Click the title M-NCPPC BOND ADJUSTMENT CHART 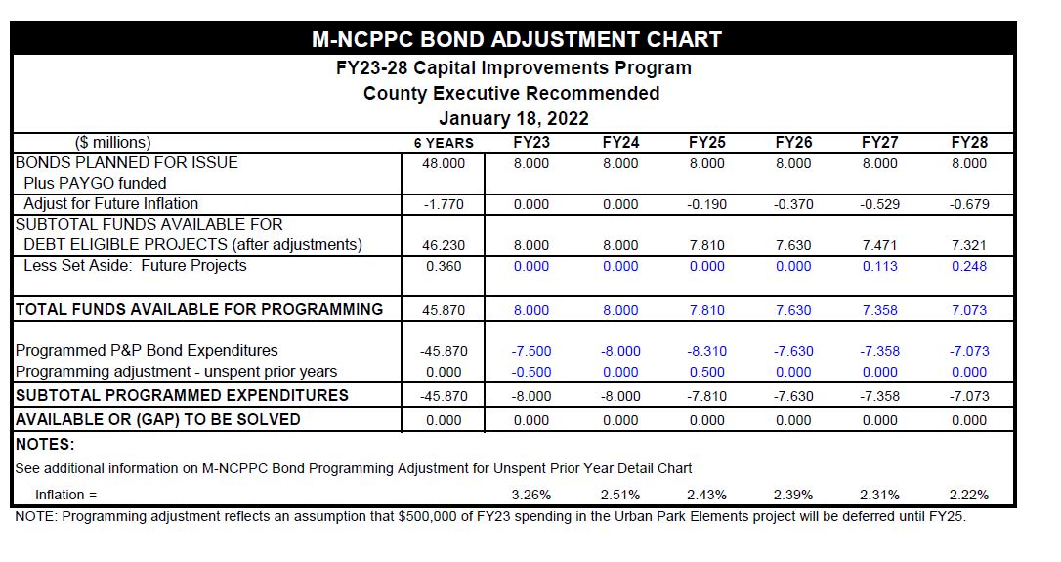(x=516, y=40)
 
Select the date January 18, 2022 (x=513, y=119)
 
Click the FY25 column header (x=706, y=143)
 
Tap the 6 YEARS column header (x=444, y=144)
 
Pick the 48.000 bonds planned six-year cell (x=444, y=164)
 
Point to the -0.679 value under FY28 (x=968, y=205)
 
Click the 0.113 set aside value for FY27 (x=879, y=266)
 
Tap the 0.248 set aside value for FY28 (x=969, y=266)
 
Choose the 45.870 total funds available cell (x=444, y=310)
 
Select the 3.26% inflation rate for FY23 (x=531, y=495)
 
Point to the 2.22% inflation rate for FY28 (x=969, y=495)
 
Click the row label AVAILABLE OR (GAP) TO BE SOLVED (x=157, y=419)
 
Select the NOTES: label (x=45, y=444)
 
